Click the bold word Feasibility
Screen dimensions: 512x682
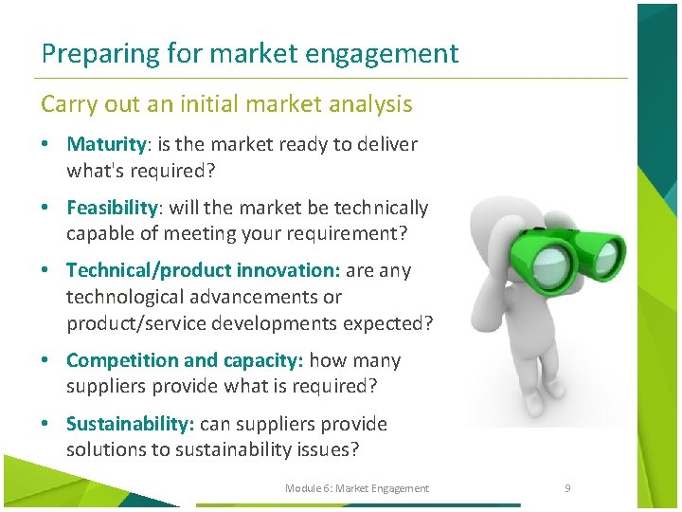[x=112, y=208]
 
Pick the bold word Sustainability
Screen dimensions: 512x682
[x=130, y=424]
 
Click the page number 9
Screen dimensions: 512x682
[x=567, y=488]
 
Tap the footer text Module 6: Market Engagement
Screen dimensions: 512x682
[x=357, y=488]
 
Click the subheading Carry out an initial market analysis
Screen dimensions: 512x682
[x=226, y=103]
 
